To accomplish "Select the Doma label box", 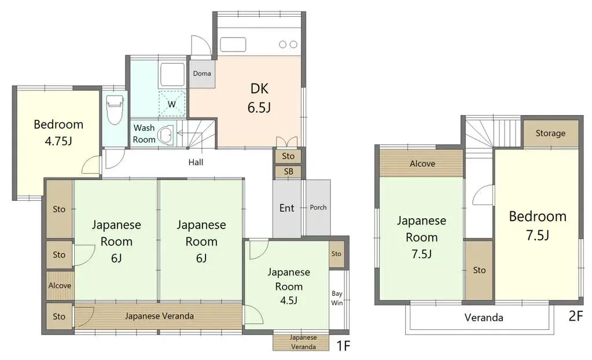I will (202, 74).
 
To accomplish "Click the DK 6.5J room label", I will (260, 98).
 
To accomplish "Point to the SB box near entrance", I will (288, 172).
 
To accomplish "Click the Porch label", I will (318, 207).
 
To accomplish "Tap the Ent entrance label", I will (287, 208).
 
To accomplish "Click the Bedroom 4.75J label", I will (58, 132).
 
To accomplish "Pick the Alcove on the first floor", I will (60, 285).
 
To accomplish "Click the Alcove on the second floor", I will (422, 164).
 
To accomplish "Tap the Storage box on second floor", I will (550, 133).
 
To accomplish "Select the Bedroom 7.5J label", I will (537, 225).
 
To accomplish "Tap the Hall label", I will (196, 163).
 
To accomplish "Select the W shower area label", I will (172, 104).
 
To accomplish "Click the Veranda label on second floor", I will (484, 317).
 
